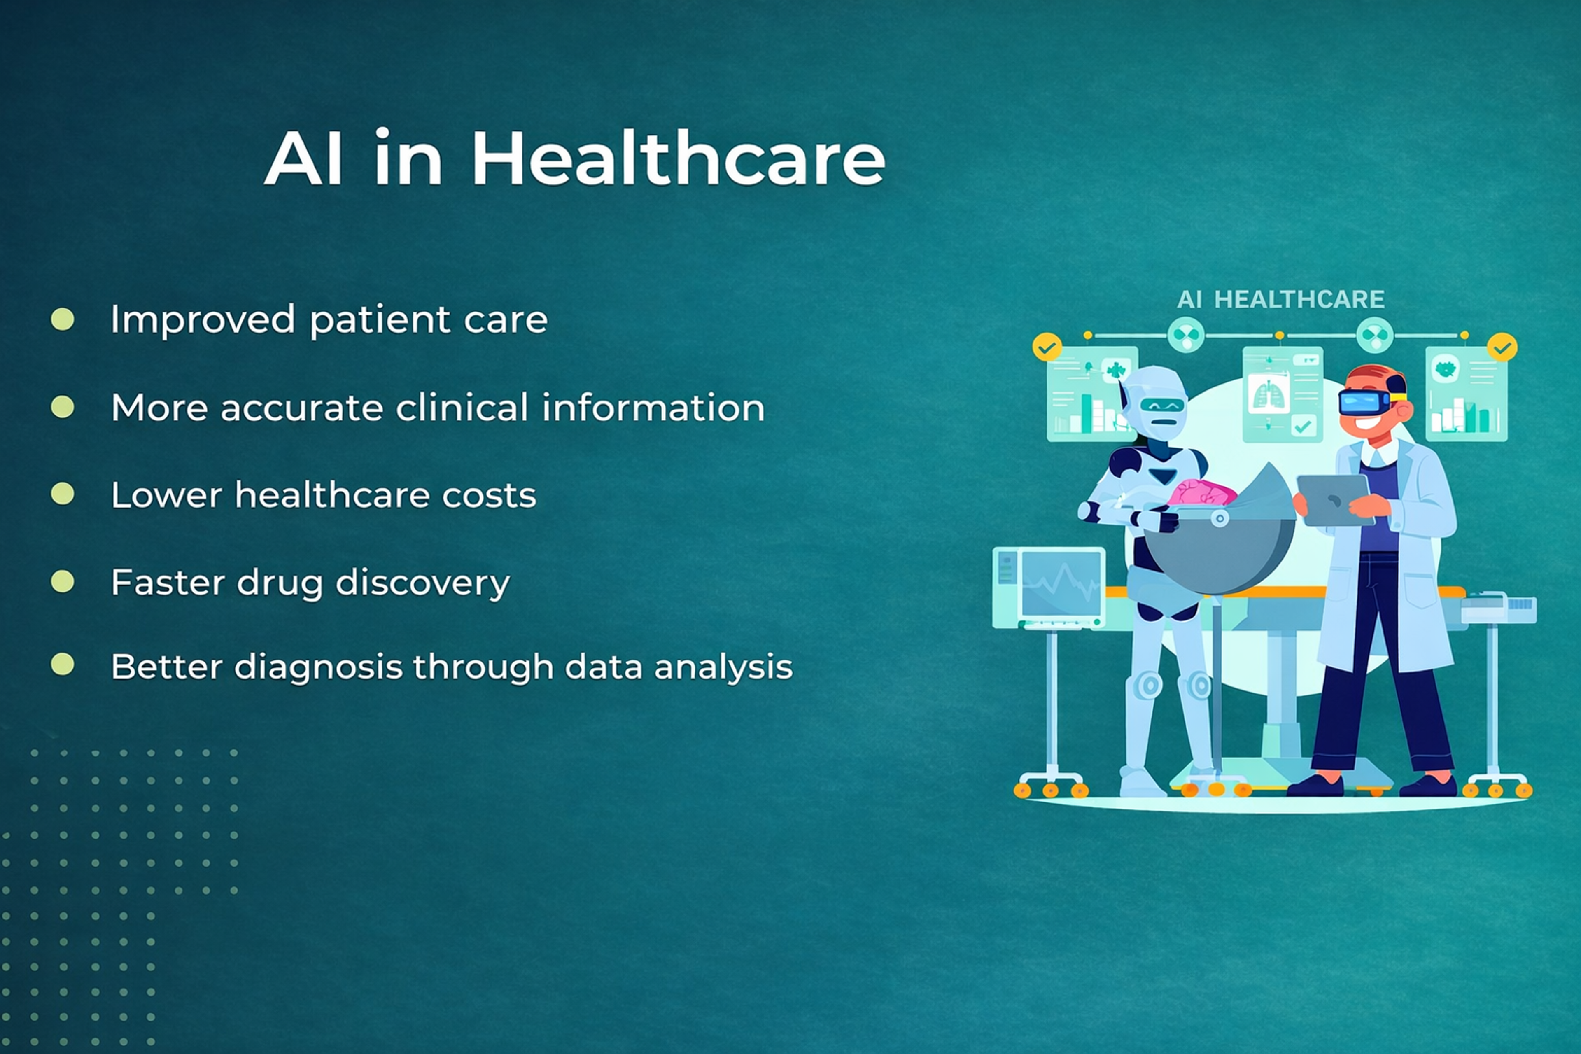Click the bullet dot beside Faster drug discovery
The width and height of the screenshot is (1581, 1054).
tap(63, 581)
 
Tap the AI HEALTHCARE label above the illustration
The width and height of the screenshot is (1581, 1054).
tap(1280, 299)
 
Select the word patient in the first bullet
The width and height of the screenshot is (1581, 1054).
tap(379, 320)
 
